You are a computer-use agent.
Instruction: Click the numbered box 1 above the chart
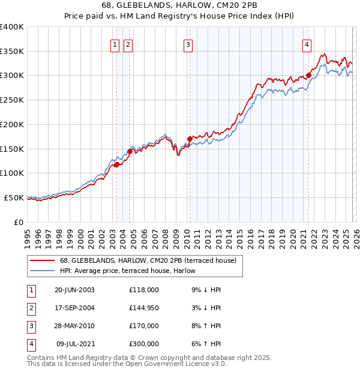[114, 44]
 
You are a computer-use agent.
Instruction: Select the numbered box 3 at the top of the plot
[188, 44]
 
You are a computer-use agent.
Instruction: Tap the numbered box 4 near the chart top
[307, 44]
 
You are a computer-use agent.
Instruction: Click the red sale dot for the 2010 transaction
[190, 139]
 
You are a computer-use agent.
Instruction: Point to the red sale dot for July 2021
[308, 76]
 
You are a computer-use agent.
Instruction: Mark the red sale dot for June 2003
[116, 165]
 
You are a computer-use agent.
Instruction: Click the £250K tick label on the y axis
[11, 100]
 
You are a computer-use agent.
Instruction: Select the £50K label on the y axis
[14, 197]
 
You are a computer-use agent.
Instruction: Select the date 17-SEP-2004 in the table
[74, 308]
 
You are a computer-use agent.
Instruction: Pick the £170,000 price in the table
[144, 326]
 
